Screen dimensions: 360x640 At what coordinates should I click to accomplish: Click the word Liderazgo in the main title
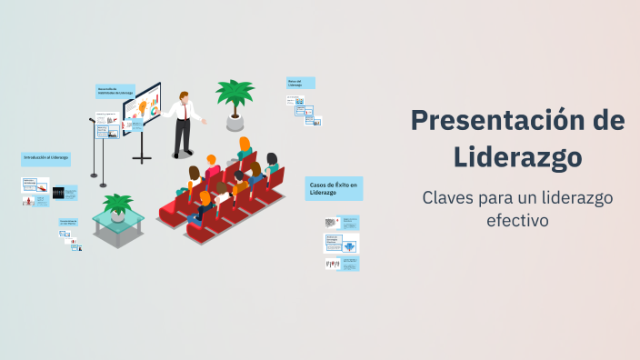(x=518, y=156)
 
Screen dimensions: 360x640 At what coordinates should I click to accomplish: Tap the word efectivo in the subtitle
(x=517, y=220)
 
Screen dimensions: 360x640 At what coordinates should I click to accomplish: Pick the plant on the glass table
(x=117, y=205)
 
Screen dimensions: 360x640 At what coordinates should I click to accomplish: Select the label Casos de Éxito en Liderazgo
(x=334, y=188)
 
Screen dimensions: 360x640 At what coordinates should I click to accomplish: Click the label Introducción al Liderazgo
(x=45, y=158)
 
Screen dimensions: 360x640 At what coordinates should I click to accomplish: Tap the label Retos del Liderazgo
(x=300, y=83)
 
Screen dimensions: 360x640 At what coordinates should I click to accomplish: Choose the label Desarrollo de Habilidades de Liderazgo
(x=115, y=91)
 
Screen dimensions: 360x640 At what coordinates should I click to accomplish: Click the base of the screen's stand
(x=142, y=160)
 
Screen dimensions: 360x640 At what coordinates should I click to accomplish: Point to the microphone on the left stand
(x=92, y=119)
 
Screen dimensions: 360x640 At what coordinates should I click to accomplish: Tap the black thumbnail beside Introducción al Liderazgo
(x=59, y=193)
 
